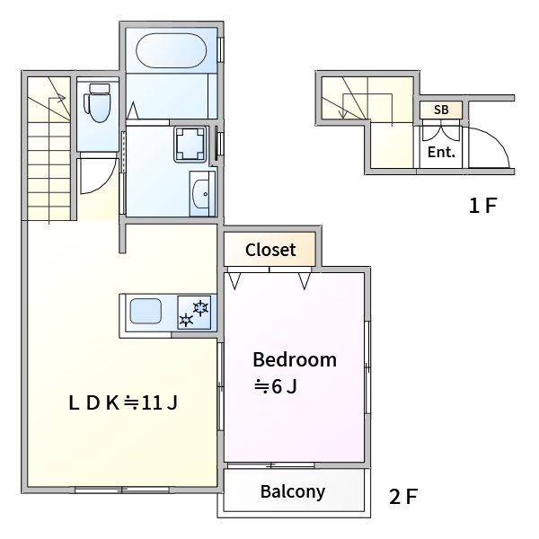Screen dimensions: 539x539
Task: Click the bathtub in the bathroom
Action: pos(172,50)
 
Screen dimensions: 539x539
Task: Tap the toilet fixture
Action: pos(97,102)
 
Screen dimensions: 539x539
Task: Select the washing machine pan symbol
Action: pos(190,144)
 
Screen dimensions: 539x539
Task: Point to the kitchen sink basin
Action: pos(146,311)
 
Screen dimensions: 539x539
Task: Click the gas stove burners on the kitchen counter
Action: pos(194,313)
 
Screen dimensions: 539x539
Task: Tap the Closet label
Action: pos(270,250)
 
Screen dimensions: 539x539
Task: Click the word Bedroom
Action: pos(295,359)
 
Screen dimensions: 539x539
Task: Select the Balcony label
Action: pos(293,492)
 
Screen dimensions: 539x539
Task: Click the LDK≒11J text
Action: pos(123,402)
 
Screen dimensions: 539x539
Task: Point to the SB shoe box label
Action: pos(441,110)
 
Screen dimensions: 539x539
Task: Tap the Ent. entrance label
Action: pos(441,152)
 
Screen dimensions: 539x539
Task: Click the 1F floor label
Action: pos(483,205)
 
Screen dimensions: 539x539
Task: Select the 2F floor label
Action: pos(402,497)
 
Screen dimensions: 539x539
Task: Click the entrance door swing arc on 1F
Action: pos(498,139)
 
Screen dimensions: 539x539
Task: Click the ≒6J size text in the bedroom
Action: pos(275,386)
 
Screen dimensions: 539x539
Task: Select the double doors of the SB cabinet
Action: pos(441,130)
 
